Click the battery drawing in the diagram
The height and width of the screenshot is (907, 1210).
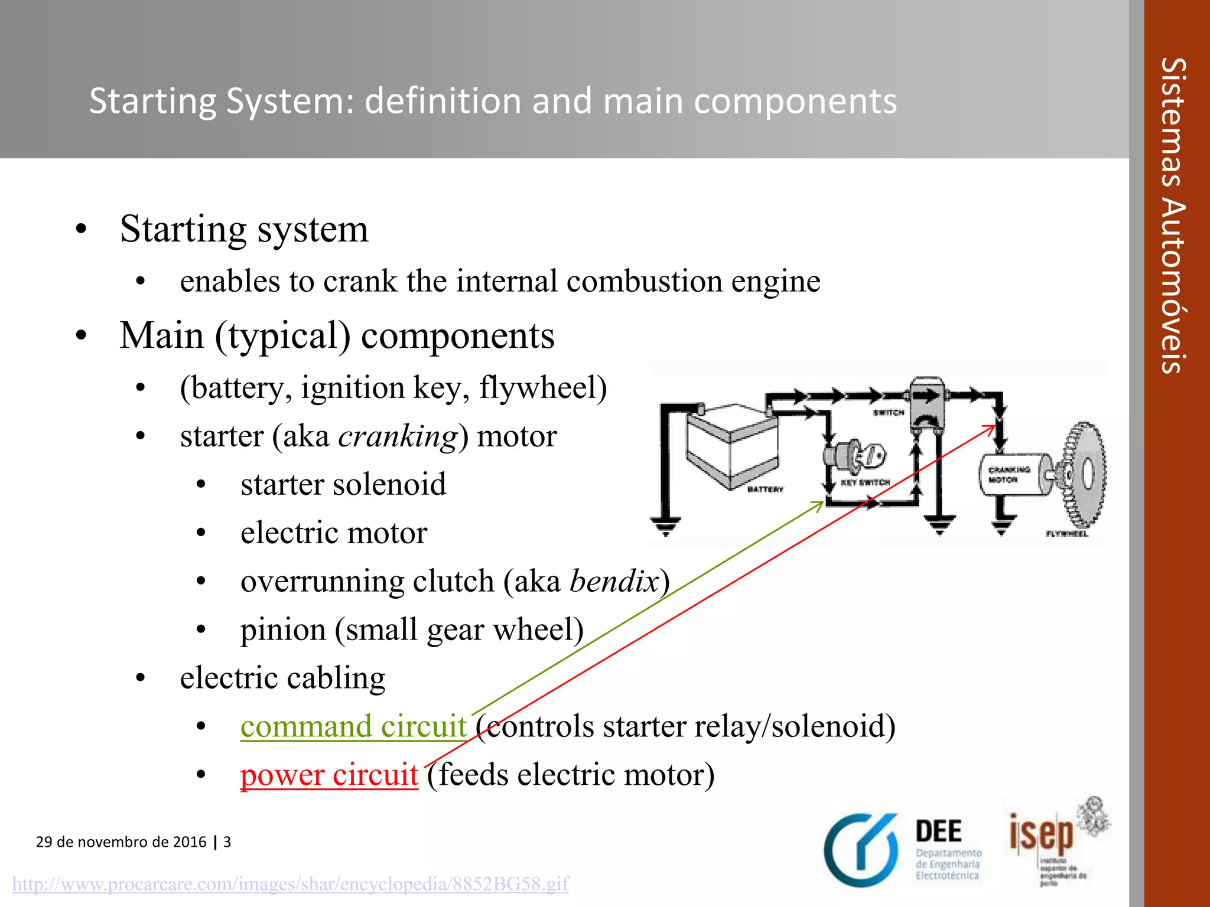coord(731,446)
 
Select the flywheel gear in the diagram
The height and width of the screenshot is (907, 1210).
coord(1085,475)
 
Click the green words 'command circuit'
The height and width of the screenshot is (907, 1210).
coord(353,726)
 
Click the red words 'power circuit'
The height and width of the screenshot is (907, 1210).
coord(329,775)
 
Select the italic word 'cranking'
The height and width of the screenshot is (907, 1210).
coord(398,437)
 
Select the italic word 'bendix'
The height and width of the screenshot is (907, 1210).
coord(614,582)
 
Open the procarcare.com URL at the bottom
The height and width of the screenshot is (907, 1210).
coord(290,884)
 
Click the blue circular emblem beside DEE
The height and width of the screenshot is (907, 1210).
coord(861,850)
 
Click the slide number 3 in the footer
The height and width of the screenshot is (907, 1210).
coord(227,841)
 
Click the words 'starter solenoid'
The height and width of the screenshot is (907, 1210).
coord(343,485)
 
